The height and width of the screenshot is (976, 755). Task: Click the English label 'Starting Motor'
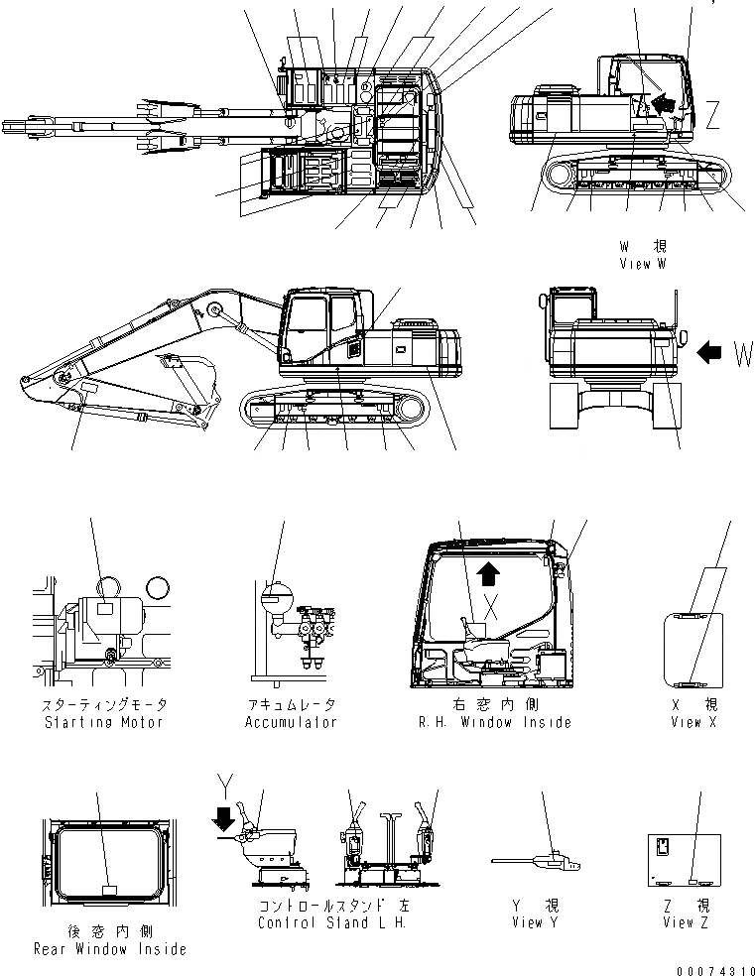[106, 722]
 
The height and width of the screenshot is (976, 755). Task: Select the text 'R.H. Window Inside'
[489, 722]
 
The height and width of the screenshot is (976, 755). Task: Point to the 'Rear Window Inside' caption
[109, 949]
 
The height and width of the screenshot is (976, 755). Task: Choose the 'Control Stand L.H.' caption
[331, 922]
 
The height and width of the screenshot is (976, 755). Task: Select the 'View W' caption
[642, 264]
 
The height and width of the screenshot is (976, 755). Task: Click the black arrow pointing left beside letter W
[710, 350]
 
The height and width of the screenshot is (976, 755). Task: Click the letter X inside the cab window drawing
[488, 601]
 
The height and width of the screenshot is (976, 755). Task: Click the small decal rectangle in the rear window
[111, 886]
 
